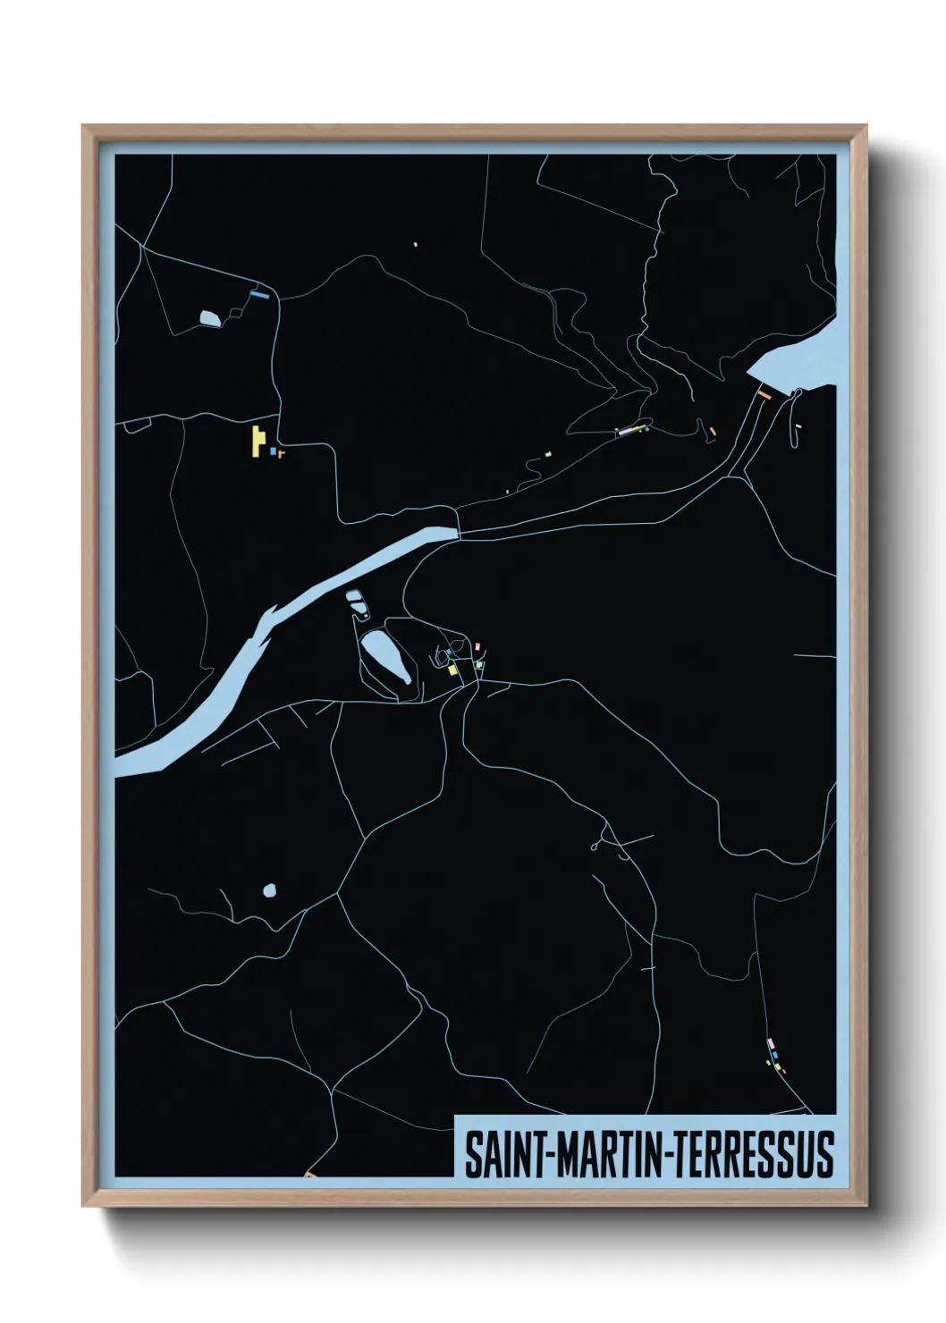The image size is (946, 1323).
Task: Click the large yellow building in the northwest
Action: (x=258, y=441)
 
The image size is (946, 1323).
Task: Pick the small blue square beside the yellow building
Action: (x=273, y=451)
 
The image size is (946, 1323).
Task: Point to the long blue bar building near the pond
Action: (x=260, y=293)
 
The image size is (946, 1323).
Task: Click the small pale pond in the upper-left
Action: (x=210, y=317)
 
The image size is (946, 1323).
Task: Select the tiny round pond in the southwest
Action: (x=270, y=890)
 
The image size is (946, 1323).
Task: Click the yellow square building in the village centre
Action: (x=453, y=670)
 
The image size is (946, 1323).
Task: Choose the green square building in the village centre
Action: (x=479, y=664)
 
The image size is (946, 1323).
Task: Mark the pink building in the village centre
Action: (x=478, y=645)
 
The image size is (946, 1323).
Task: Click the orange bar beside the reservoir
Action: (x=764, y=393)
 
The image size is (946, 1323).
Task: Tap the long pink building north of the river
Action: (x=631, y=431)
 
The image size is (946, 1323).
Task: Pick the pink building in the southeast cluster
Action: (x=770, y=1043)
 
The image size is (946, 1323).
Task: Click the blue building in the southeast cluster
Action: (x=775, y=1056)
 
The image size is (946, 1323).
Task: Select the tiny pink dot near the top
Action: (x=416, y=242)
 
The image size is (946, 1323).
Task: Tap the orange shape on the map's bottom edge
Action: (x=311, y=1175)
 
